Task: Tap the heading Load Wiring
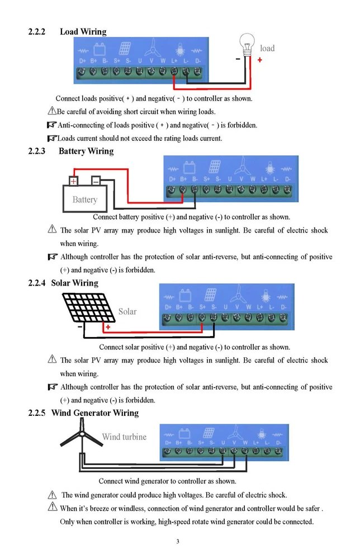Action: pos(83,32)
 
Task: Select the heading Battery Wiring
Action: pos(86,151)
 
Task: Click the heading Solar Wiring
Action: pos(74,283)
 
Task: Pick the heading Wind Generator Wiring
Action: pos(94,413)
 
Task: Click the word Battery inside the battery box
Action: pos(85,200)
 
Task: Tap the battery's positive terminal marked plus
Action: pos(73,181)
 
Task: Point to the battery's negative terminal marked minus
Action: pos(96,181)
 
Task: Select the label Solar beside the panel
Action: pos(127,311)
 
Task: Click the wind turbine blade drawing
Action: pos(80,435)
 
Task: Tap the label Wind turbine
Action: pos(124,437)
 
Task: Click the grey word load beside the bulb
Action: pos(267,48)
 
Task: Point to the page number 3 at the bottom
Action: pos(178,541)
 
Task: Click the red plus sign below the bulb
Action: pos(260,59)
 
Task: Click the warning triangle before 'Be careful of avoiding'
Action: pos(52,111)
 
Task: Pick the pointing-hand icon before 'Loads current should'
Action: pos(52,138)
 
